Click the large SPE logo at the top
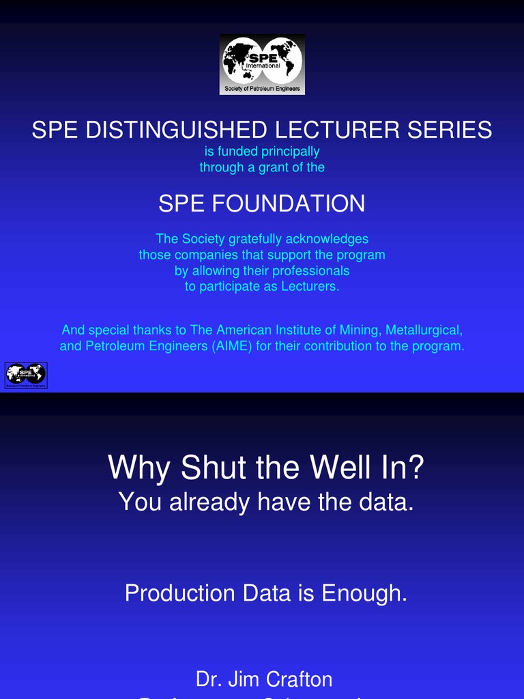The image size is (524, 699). (262, 64)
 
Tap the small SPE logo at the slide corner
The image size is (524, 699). (26, 375)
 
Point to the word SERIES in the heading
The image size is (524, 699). (450, 130)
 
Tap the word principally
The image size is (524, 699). (290, 152)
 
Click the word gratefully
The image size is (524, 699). (257, 239)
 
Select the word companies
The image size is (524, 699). (205, 255)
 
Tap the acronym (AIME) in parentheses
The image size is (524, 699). (232, 346)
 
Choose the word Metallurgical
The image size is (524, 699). (424, 330)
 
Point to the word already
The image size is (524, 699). (210, 502)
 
